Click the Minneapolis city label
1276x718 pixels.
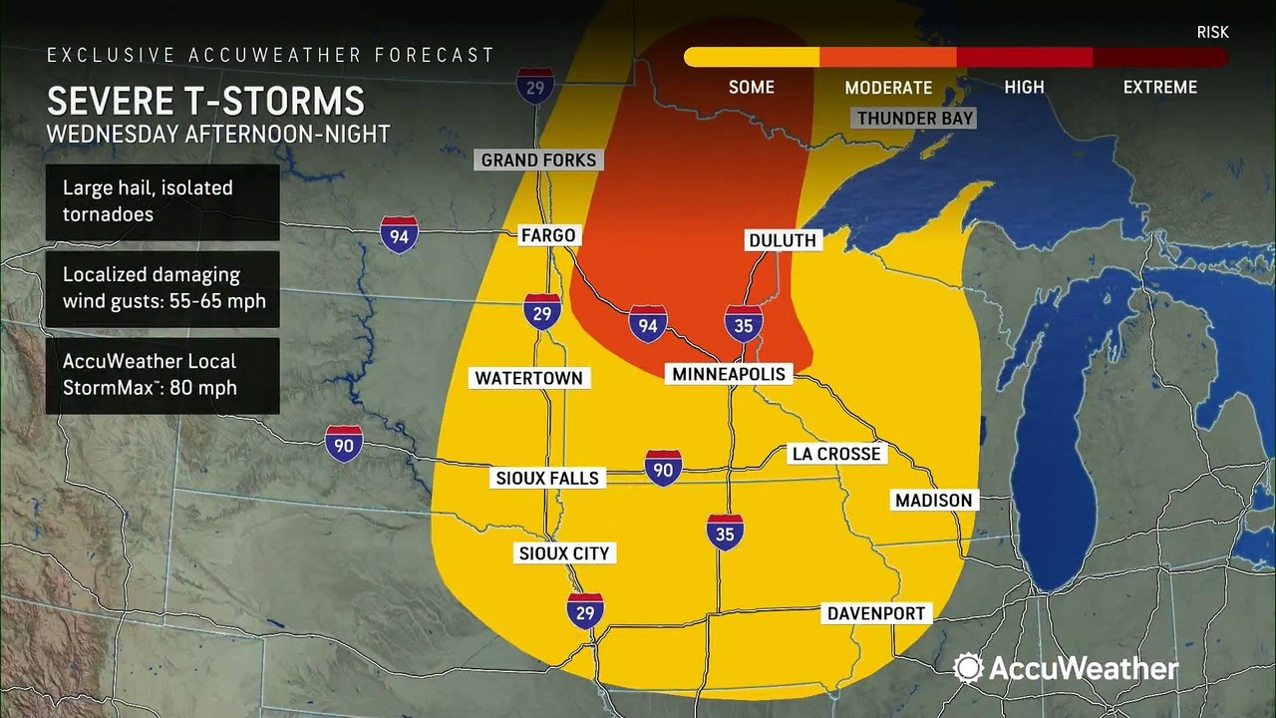tap(728, 374)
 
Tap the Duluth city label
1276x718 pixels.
tap(783, 240)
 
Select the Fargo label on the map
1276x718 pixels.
tap(547, 235)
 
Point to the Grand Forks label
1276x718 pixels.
tap(538, 160)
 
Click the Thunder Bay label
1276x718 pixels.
tap(914, 118)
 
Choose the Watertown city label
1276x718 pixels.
tap(528, 378)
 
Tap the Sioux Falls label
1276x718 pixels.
tap(547, 478)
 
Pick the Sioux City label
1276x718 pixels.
tap(563, 553)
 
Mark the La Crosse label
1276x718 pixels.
tap(835, 454)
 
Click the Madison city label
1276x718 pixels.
tap(932, 501)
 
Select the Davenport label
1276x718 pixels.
tap(876, 613)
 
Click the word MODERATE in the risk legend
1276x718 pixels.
tap(888, 88)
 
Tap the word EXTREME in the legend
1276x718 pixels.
tap(1159, 88)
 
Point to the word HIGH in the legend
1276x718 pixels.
tap(1024, 88)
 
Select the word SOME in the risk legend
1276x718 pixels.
tap(751, 88)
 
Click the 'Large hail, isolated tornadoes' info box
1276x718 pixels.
tap(161, 201)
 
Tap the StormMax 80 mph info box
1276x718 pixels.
tap(161, 374)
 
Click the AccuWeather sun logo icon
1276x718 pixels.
tap(968, 668)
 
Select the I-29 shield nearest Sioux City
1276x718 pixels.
tap(585, 610)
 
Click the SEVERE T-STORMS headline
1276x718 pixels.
tap(205, 102)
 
